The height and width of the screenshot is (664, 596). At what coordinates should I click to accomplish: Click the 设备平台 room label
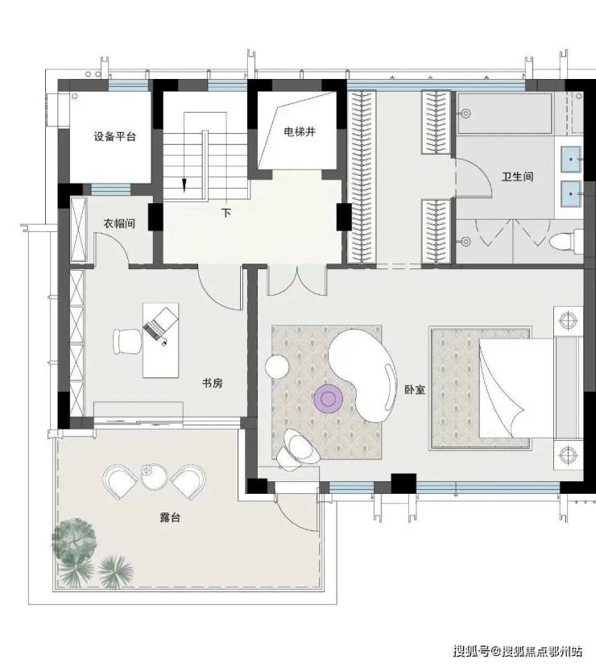pyautogui.click(x=114, y=137)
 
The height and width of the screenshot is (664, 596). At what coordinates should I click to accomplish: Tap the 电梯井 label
pyautogui.click(x=300, y=131)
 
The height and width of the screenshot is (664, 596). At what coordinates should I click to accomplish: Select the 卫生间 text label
pyautogui.click(x=517, y=176)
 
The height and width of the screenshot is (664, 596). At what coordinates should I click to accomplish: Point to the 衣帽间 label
pyautogui.click(x=119, y=223)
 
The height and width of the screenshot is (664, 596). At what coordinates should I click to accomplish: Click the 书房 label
pyautogui.click(x=212, y=384)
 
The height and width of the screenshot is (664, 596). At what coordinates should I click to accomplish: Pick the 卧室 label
pyautogui.click(x=415, y=389)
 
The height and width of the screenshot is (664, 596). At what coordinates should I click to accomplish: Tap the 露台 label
pyautogui.click(x=170, y=517)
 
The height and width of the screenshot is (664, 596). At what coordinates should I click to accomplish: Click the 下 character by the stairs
pyautogui.click(x=226, y=212)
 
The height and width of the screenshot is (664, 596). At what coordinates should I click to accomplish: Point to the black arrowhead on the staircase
pyautogui.click(x=184, y=185)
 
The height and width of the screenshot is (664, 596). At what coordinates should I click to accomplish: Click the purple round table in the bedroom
pyautogui.click(x=328, y=398)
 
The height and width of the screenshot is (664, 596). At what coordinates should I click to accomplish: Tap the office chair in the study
pyautogui.click(x=127, y=342)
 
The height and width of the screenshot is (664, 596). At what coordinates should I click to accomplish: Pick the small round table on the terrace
pyautogui.click(x=154, y=477)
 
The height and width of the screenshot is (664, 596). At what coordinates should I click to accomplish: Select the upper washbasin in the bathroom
pyautogui.click(x=571, y=160)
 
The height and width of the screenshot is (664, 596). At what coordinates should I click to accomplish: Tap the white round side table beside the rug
pyautogui.click(x=277, y=367)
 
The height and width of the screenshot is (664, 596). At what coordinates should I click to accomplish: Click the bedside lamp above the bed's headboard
pyautogui.click(x=568, y=321)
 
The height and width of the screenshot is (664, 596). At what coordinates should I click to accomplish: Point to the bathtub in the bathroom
pyautogui.click(x=504, y=114)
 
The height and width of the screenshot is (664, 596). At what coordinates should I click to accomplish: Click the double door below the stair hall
pyautogui.click(x=296, y=281)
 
